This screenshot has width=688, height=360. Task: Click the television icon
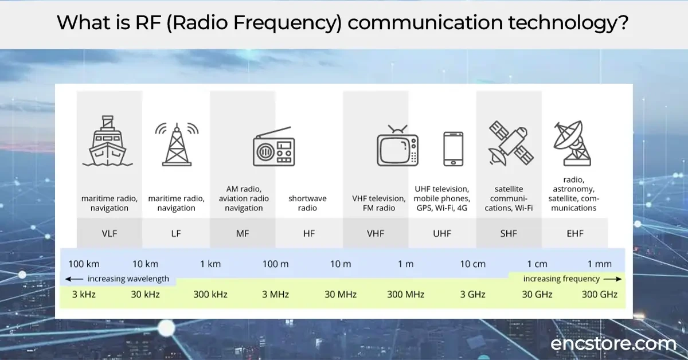[x=397, y=147]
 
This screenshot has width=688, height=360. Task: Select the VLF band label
[x=109, y=233]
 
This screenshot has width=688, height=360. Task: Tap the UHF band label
[x=441, y=233]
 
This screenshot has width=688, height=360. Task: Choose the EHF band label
[x=574, y=233]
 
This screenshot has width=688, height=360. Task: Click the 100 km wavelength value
[x=84, y=264]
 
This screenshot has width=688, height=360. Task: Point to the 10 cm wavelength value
[x=472, y=264]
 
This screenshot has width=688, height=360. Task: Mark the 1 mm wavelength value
[x=599, y=264]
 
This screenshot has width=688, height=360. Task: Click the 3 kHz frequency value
[x=84, y=295]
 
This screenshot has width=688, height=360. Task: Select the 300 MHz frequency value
[x=405, y=295]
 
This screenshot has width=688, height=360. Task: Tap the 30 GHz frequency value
[x=537, y=295]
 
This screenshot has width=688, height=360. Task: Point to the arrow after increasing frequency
[x=612, y=279]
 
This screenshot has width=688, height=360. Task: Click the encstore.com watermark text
[x=613, y=344]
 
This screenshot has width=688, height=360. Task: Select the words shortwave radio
[x=307, y=203]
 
